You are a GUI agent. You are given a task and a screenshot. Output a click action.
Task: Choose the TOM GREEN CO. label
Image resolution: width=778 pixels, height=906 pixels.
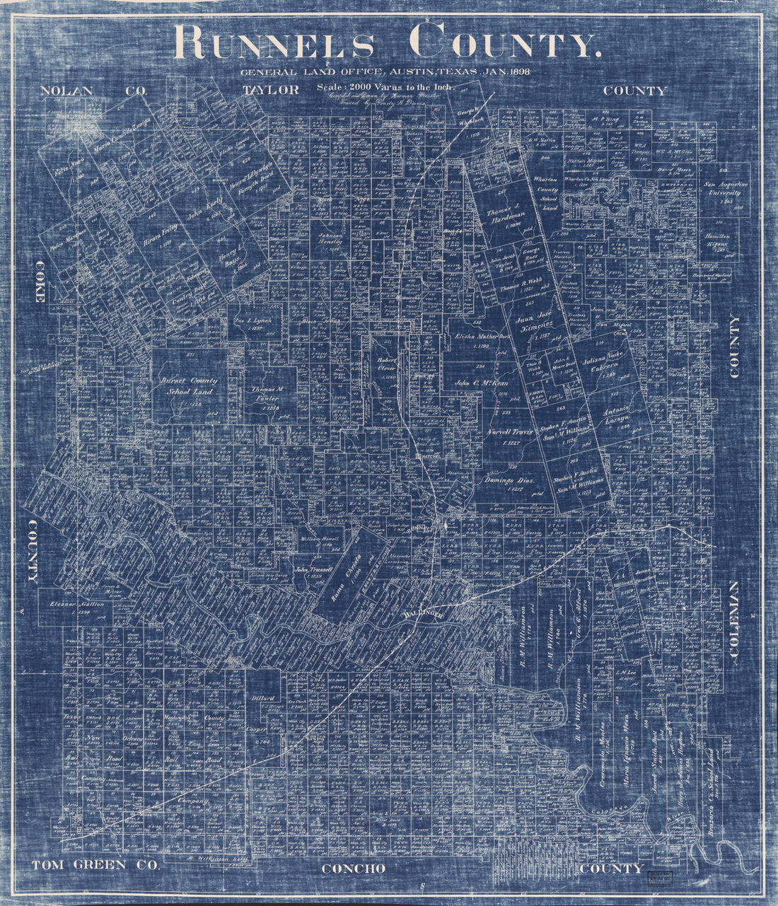[x=86, y=865]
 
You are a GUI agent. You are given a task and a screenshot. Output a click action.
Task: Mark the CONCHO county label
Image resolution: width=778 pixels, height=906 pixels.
[x=354, y=868]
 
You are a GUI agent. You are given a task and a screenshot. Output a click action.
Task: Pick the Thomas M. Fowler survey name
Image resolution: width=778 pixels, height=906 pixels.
[x=262, y=393]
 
